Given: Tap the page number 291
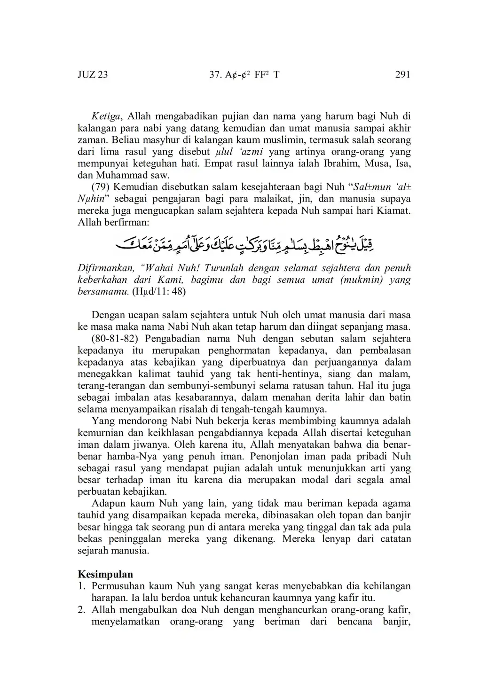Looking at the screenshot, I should [x=403, y=75].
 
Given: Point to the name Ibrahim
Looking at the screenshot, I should [x=339, y=164].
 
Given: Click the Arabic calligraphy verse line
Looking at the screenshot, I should [x=244, y=245].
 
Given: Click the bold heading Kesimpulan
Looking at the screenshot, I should [x=105, y=574].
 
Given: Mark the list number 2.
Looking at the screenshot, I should [x=81, y=610].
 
